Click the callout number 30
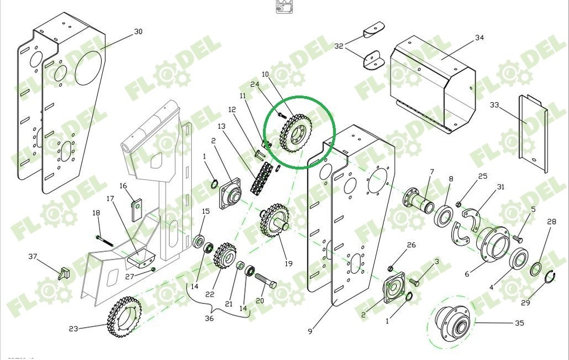click(x=138, y=32)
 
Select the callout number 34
click(x=480, y=38)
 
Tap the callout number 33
click(x=495, y=104)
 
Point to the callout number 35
click(x=520, y=322)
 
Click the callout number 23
click(x=73, y=328)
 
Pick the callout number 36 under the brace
click(x=209, y=318)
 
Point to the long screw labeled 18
click(x=104, y=240)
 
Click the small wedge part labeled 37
click(x=64, y=273)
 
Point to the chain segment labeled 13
click(x=262, y=179)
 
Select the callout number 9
click(x=310, y=332)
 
